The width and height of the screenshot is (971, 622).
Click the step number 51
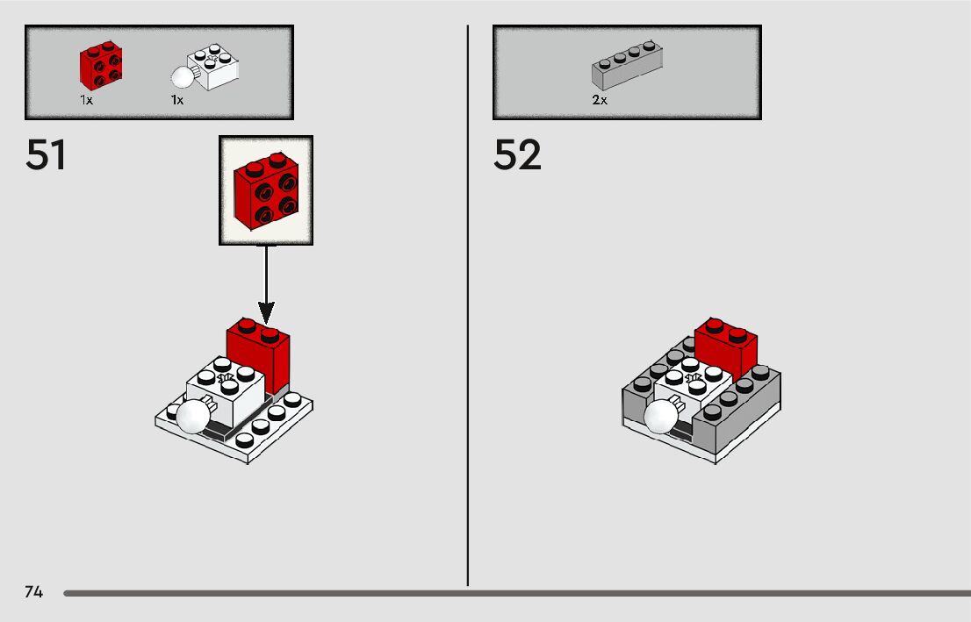pos(46,156)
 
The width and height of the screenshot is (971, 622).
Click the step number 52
pos(517,156)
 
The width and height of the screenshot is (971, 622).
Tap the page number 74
pos(33,592)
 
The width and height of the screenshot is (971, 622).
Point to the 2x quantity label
pos(600,100)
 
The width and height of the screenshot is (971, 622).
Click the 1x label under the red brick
pos(86,100)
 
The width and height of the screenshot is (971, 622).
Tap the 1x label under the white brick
pos(177,100)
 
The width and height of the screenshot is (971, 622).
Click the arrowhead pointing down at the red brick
pos(266,311)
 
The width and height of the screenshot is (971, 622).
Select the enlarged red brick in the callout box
pos(265,190)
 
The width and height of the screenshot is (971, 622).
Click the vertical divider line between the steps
pos(468,351)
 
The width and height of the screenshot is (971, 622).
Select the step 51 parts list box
pos(159,72)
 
